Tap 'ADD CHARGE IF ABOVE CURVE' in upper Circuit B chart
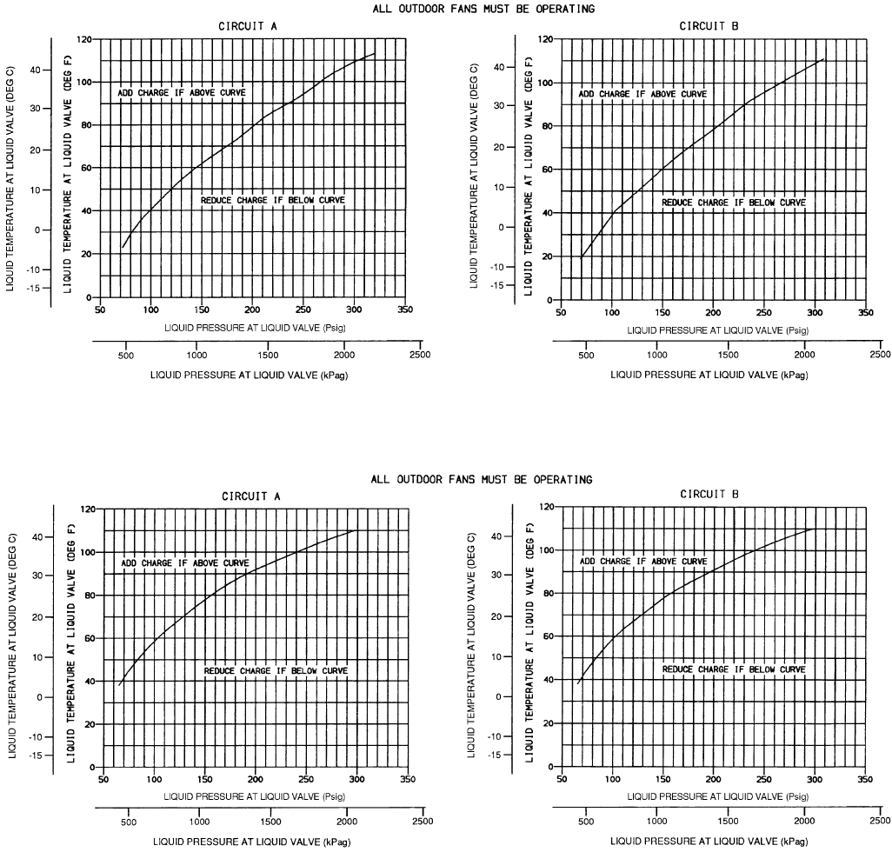642,94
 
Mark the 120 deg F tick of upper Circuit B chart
547,39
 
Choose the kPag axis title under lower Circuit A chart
253,842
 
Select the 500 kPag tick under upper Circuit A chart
125,355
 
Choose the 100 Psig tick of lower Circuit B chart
613,778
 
